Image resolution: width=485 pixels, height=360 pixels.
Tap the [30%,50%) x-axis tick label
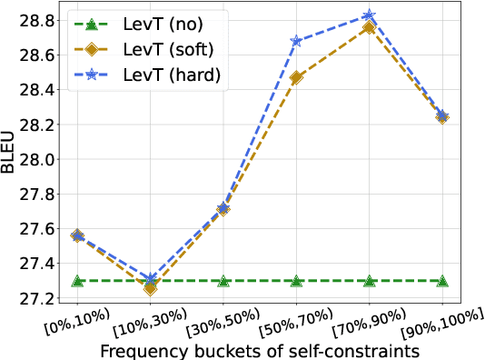point(216,320)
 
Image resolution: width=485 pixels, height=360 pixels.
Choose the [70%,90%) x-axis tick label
point(363,320)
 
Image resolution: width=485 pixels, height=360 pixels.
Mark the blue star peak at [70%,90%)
point(370,15)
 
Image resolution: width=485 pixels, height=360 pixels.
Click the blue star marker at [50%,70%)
point(296,41)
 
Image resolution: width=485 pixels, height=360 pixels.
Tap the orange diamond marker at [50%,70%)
point(296,77)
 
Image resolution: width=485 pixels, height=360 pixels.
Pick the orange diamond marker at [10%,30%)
point(150,288)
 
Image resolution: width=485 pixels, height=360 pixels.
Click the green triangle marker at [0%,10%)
point(77,281)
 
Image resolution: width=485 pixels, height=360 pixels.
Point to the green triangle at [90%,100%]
point(442,281)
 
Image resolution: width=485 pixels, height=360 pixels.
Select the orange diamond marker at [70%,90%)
point(370,27)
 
